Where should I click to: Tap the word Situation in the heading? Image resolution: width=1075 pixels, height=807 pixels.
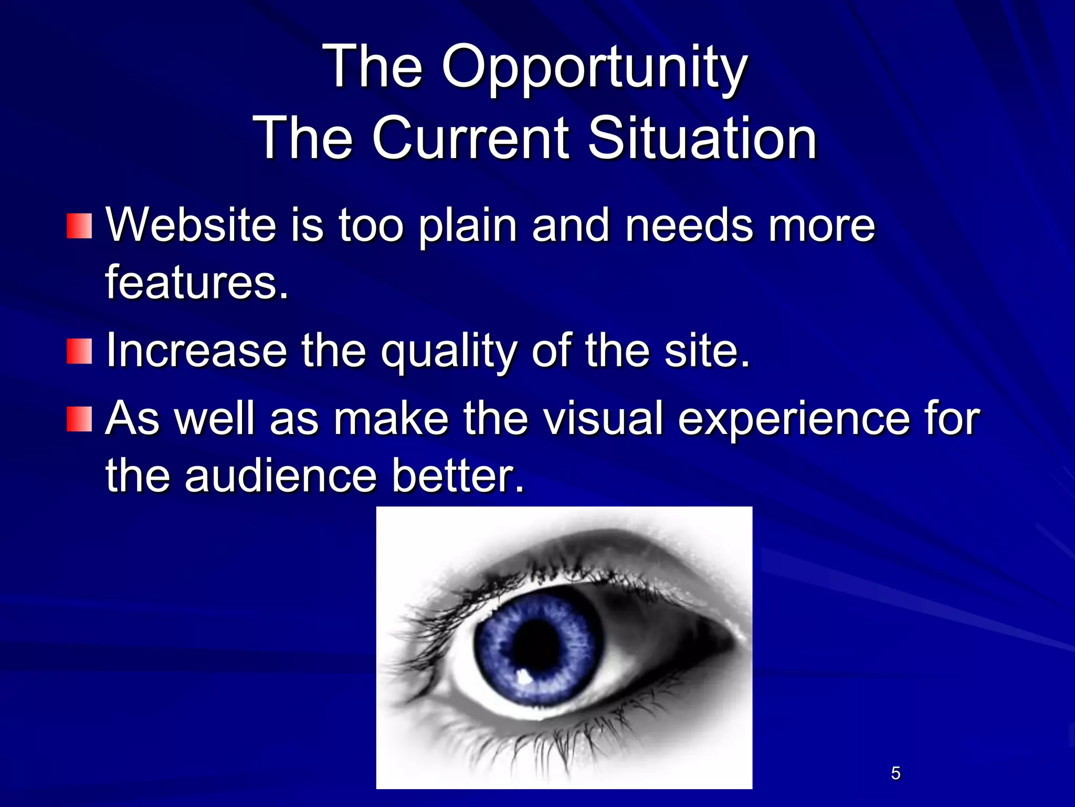click(x=702, y=138)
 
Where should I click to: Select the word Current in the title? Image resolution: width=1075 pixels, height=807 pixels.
click(x=470, y=138)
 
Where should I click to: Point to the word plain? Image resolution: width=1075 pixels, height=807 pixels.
click(x=468, y=226)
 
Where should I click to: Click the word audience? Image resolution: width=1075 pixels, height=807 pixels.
click(x=280, y=476)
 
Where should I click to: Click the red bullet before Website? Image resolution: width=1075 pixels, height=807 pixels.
click(x=79, y=226)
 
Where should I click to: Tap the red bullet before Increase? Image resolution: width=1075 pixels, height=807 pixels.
click(x=79, y=351)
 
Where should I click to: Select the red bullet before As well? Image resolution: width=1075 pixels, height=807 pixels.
click(x=79, y=419)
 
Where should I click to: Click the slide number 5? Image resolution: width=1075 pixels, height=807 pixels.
click(x=895, y=773)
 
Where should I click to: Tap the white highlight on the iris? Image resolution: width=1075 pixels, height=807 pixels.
click(x=523, y=676)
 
